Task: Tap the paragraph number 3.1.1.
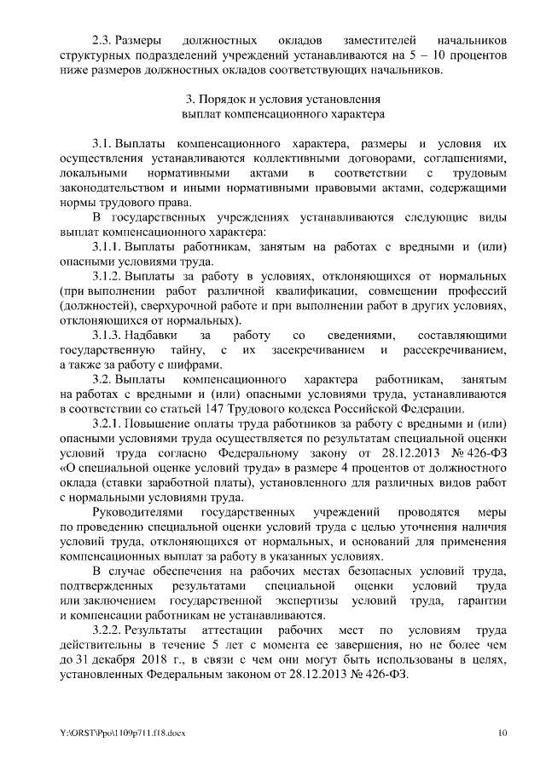[107, 246]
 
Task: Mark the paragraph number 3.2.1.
[107, 423]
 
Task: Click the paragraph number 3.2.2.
[107, 630]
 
